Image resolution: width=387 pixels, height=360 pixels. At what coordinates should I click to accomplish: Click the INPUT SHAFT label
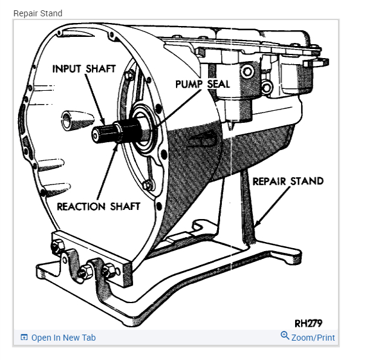[x=83, y=68]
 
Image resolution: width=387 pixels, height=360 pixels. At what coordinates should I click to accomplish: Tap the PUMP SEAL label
[x=203, y=84]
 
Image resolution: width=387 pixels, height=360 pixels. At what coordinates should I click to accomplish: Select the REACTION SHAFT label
[x=98, y=206]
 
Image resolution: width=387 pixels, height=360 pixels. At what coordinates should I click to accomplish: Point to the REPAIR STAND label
[x=288, y=181]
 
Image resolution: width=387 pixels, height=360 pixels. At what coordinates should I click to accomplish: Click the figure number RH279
[x=308, y=322]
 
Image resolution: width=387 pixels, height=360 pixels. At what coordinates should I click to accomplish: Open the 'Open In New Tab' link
[x=63, y=338]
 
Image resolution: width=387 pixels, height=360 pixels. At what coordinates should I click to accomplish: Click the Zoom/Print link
[x=313, y=338]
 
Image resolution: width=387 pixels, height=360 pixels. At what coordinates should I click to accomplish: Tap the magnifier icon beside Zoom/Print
[x=285, y=336]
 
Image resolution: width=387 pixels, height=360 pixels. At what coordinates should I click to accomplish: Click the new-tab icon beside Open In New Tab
[x=24, y=338]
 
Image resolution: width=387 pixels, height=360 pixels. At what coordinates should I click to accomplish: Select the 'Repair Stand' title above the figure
[x=37, y=13]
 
